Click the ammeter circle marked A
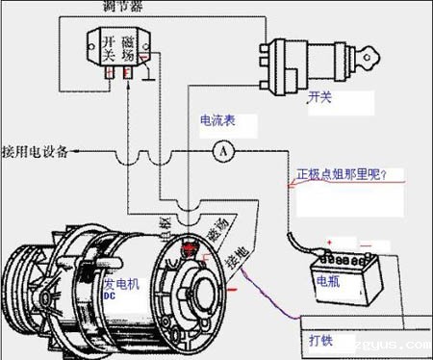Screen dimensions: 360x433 point(222,152)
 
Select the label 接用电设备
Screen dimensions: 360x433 point(35,151)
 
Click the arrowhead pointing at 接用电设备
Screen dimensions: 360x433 point(74,152)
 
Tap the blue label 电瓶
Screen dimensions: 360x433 point(327,281)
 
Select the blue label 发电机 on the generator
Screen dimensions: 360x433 point(120,286)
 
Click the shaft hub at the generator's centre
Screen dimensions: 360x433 point(198,289)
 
